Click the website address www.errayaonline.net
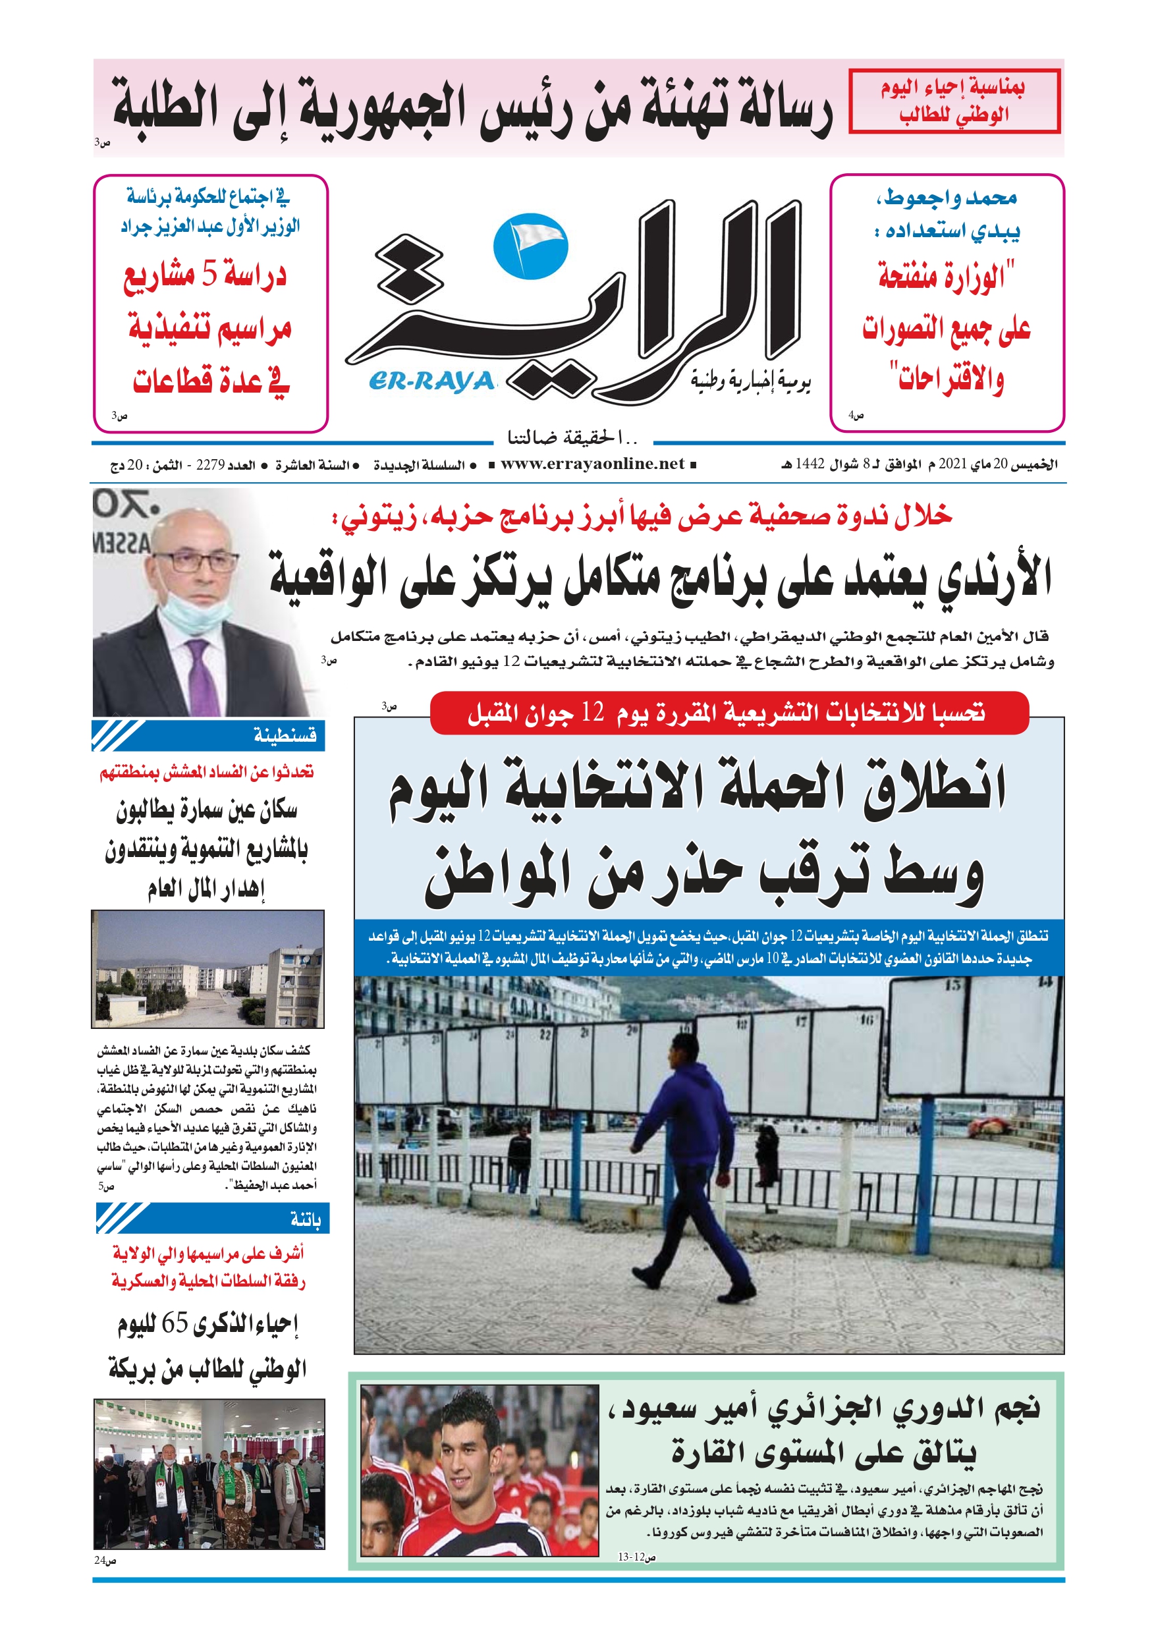592,464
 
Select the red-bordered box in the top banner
954,101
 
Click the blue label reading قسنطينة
285,735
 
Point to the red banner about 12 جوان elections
729,712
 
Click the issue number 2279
210,465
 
